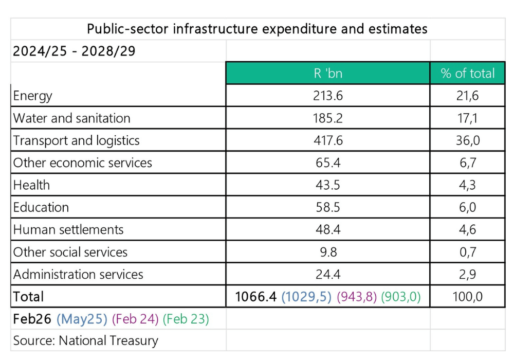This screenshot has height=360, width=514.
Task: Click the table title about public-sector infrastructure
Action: coord(257,28)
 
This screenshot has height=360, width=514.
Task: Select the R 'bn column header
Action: coord(328,73)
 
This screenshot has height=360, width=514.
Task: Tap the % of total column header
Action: coord(467,73)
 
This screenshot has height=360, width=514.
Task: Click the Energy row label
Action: coord(33,96)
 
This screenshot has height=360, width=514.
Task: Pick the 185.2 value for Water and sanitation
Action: coord(328,118)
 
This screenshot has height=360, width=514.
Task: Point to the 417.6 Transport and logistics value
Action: coord(328,140)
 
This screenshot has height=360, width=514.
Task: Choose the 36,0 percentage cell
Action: coord(467,140)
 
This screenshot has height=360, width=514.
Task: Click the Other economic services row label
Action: coord(83,163)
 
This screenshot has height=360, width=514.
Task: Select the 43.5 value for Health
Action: coord(328,185)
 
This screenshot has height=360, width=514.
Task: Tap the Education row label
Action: coord(41,207)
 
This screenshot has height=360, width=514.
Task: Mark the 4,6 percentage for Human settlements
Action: coord(467,230)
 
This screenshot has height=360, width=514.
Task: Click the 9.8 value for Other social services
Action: coord(328,252)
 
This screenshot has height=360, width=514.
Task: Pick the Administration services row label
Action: coord(78,275)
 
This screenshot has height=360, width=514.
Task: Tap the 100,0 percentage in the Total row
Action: coord(467,297)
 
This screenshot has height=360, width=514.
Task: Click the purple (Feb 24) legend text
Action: coord(135,319)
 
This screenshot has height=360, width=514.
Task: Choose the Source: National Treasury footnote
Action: coord(86,340)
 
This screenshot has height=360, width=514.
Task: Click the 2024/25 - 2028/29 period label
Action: coord(74,51)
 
